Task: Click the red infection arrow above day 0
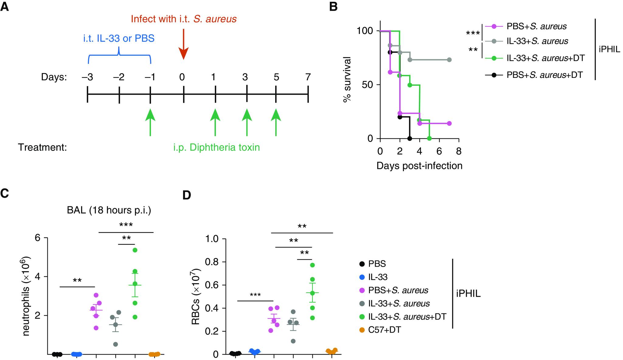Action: pos(183,46)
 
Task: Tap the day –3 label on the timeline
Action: pos(87,77)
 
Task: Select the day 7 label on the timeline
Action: pos(308,77)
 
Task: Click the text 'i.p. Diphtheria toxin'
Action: pos(216,148)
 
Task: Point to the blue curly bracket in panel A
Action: pos(119,55)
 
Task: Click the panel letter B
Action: pos(333,7)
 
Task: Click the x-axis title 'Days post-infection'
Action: pos(419,166)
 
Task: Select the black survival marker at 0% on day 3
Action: pos(409,138)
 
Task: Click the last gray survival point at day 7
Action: pos(449,60)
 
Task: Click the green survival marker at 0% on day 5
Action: pos(429,138)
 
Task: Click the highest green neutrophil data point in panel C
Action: pos(135,250)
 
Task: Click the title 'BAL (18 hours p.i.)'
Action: pos(109,211)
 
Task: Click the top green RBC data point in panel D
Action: pos(312,265)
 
